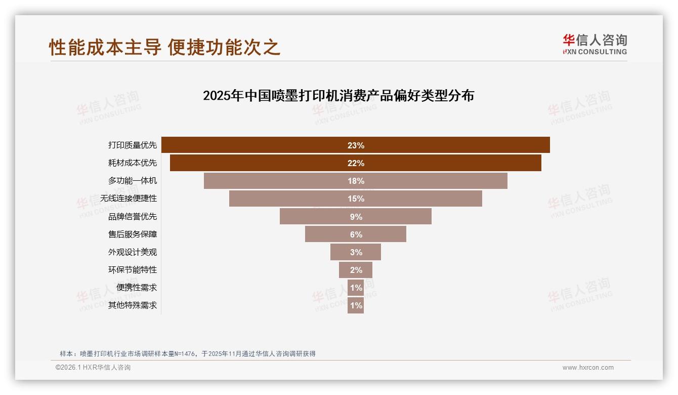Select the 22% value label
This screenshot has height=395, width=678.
pos(356,163)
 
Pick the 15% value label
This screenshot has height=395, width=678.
pos(356,199)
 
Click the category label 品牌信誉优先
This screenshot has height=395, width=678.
pos(133,217)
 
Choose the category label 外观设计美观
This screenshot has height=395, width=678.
pos(133,252)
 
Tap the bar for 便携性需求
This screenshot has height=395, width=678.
pos(356,288)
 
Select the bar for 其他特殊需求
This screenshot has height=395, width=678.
pos(356,305)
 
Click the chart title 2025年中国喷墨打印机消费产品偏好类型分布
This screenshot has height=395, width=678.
pos(338,96)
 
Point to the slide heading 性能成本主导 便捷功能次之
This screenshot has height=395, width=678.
pos(165,47)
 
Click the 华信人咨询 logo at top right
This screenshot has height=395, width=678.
pos(595,44)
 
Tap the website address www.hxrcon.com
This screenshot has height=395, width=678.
pos(588,368)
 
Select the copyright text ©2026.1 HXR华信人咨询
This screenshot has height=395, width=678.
pos(93,368)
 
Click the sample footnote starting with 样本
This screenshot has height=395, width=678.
pos(188,353)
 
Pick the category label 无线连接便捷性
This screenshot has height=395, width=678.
pos(129,199)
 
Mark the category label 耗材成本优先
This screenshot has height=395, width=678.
pos(133,163)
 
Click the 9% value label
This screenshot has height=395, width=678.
pos(356,217)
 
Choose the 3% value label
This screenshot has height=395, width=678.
pos(356,252)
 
